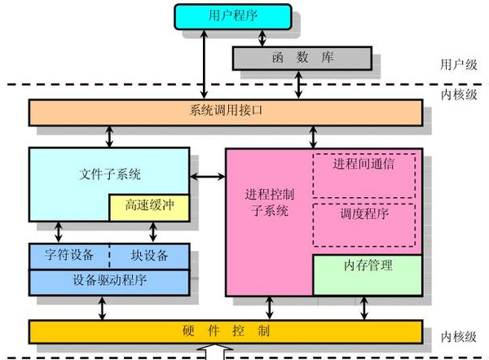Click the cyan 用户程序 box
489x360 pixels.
[231, 16]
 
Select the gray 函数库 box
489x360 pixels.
[302, 58]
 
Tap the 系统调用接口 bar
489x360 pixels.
[225, 112]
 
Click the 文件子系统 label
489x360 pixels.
[110, 173]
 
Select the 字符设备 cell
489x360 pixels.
[69, 255]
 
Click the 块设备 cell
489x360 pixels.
[149, 255]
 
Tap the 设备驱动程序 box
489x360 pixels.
[109, 282]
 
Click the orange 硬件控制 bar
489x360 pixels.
[225, 331]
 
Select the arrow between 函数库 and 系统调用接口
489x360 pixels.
[303, 84]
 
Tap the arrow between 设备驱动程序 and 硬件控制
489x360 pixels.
[103, 308]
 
